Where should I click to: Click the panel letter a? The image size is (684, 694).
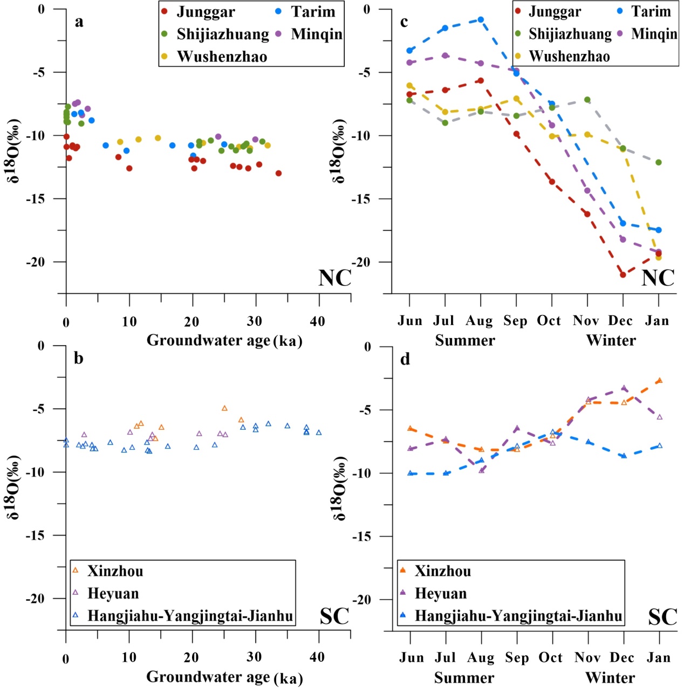[x=79, y=22]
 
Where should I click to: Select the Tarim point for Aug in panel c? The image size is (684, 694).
[x=481, y=20]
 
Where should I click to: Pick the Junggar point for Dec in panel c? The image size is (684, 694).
[x=623, y=274]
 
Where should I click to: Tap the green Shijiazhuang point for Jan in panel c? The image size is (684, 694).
[x=659, y=162]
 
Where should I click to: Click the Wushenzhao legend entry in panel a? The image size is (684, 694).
[x=221, y=57]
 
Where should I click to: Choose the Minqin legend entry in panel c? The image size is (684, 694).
[x=654, y=34]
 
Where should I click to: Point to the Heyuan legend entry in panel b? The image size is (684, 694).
[x=113, y=594]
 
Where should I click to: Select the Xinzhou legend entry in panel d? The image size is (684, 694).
[x=442, y=571]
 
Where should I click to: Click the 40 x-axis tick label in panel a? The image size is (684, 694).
[x=318, y=322]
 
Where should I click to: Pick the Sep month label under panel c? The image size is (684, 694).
[x=515, y=321]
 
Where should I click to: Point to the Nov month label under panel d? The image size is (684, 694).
[x=587, y=658]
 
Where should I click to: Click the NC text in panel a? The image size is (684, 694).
[x=334, y=278]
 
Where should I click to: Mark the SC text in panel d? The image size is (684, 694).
[x=662, y=617]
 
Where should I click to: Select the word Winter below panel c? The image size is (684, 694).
[x=611, y=340]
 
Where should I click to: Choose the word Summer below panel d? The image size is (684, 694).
[x=464, y=677]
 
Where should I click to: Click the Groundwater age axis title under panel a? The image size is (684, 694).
[x=224, y=341]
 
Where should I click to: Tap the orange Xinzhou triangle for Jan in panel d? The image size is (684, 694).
[x=659, y=381]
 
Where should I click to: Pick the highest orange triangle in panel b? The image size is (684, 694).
[x=224, y=408]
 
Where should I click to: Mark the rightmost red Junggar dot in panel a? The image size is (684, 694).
[x=278, y=173]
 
